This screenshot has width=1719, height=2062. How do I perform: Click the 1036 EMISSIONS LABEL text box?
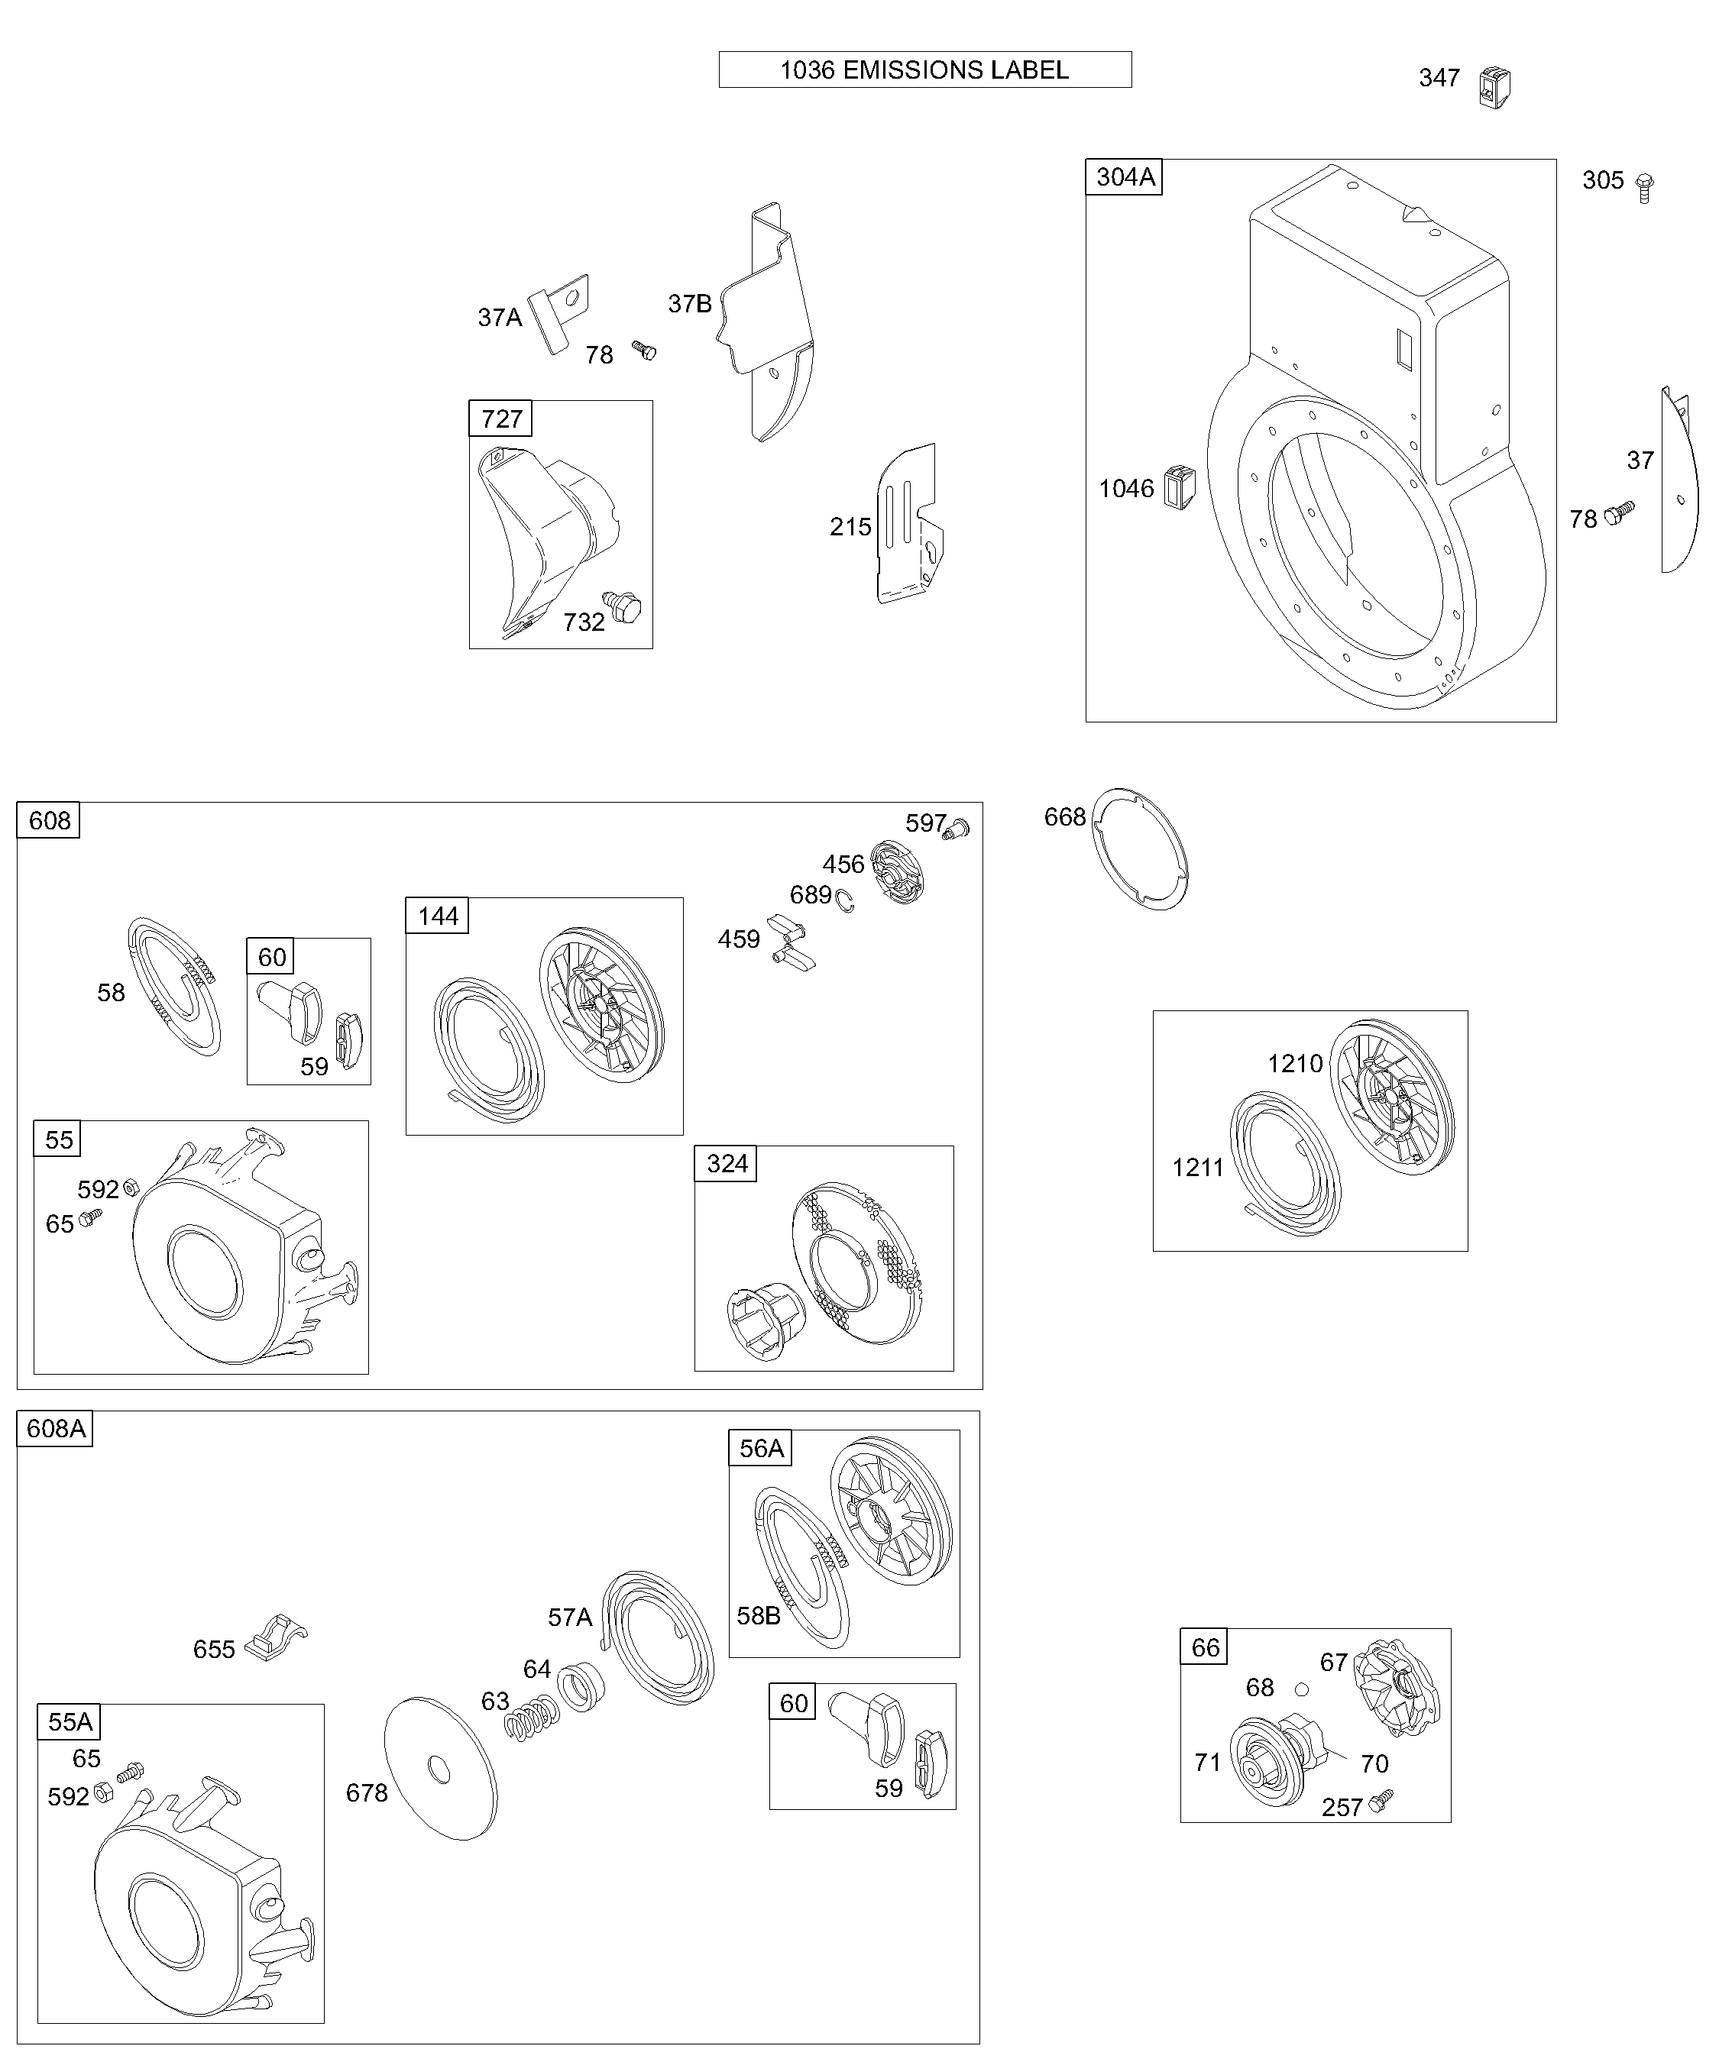[x=924, y=69]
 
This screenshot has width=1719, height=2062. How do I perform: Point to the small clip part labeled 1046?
[x=1179, y=487]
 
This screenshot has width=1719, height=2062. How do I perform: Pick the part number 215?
[x=850, y=527]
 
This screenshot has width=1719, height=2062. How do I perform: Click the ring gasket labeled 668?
[x=1141, y=848]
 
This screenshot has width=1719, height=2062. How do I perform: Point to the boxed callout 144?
[x=437, y=916]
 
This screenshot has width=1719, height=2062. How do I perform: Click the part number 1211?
[x=1197, y=1168]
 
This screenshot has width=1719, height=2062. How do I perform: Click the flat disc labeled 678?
[x=440, y=1767]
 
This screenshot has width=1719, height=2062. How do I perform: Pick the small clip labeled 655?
[x=277, y=1637]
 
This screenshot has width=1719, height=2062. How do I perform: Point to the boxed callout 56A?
[x=760, y=1448]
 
